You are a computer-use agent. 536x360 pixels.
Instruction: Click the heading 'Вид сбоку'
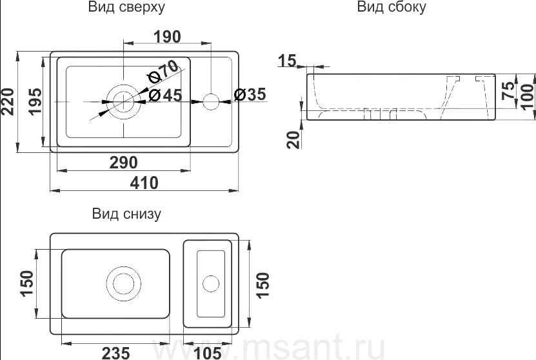click(x=391, y=8)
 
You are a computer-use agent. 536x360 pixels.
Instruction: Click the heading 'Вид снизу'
click(x=126, y=214)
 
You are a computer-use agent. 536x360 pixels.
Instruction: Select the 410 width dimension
click(x=144, y=183)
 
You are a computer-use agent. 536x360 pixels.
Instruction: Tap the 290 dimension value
click(x=123, y=163)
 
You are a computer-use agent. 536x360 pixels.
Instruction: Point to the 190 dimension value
click(x=167, y=37)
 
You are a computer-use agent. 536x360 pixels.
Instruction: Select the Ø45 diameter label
click(x=165, y=95)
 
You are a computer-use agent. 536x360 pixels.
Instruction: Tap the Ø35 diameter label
click(x=249, y=95)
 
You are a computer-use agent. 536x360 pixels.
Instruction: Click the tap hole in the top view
click(x=211, y=101)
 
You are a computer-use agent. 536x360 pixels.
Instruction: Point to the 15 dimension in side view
click(x=287, y=61)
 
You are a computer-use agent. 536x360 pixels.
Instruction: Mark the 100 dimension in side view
click(x=526, y=97)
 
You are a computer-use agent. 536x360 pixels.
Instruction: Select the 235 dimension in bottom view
click(x=116, y=352)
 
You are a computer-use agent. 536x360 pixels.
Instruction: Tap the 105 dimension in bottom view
click(x=208, y=352)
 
